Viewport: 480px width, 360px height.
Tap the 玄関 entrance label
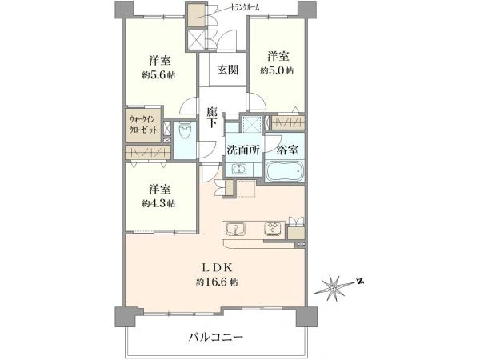[228, 70]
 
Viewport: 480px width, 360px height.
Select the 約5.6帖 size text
[158, 75]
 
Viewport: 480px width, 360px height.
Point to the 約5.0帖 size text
[277, 70]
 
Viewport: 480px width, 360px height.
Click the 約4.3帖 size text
[158, 203]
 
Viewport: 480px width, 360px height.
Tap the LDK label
[217, 268]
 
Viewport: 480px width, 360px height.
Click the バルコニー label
[215, 338]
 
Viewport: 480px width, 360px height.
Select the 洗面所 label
[243, 150]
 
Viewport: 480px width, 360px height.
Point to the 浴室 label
[287, 150]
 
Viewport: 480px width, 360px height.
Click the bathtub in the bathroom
[285, 171]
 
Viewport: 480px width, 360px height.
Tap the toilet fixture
[185, 132]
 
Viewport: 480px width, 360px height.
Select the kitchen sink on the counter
[235, 229]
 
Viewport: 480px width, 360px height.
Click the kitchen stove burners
[274, 229]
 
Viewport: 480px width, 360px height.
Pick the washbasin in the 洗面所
[240, 170]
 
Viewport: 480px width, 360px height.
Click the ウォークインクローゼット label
[143, 124]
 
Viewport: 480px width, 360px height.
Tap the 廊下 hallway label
[211, 118]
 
